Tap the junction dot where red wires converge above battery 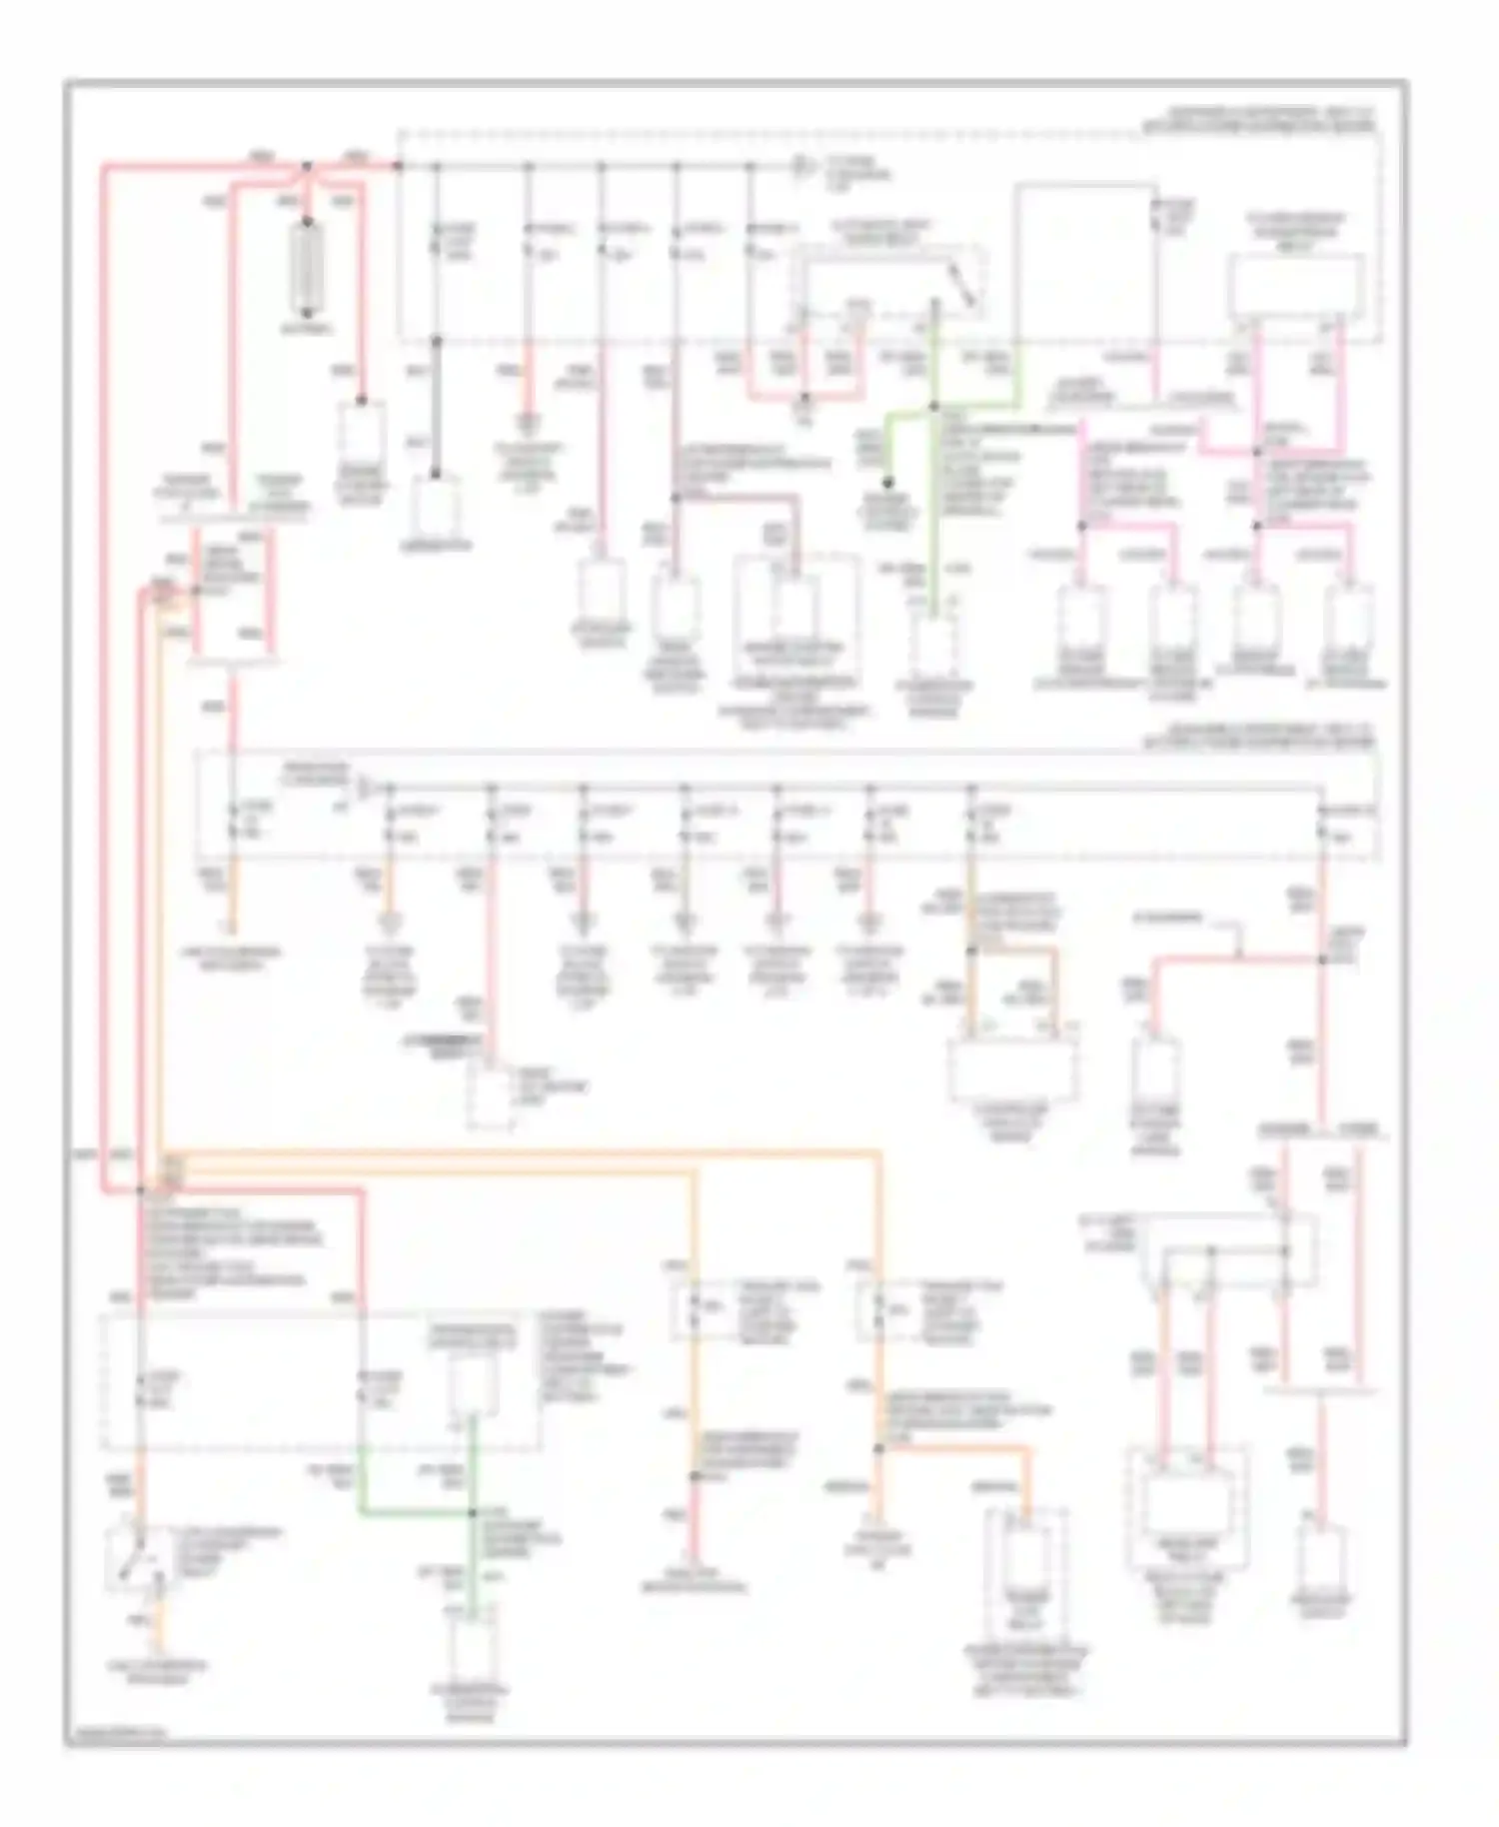pyautogui.click(x=308, y=167)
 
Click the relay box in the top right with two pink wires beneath pyautogui.click(x=1296, y=285)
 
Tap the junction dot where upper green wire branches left pyautogui.click(x=934, y=406)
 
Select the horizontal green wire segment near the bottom pyautogui.click(x=415, y=1511)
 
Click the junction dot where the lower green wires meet pyautogui.click(x=474, y=1512)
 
